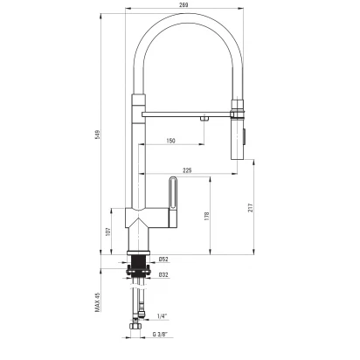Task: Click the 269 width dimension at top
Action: point(184,4)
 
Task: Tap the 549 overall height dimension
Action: point(98,135)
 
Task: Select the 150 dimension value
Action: point(170,141)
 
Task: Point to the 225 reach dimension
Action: point(187,170)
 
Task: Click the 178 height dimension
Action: point(206,216)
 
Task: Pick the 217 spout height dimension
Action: point(251,207)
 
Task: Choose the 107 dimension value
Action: point(108,232)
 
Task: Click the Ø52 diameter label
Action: point(163,260)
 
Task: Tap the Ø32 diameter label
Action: point(163,274)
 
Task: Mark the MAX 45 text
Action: point(98,302)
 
